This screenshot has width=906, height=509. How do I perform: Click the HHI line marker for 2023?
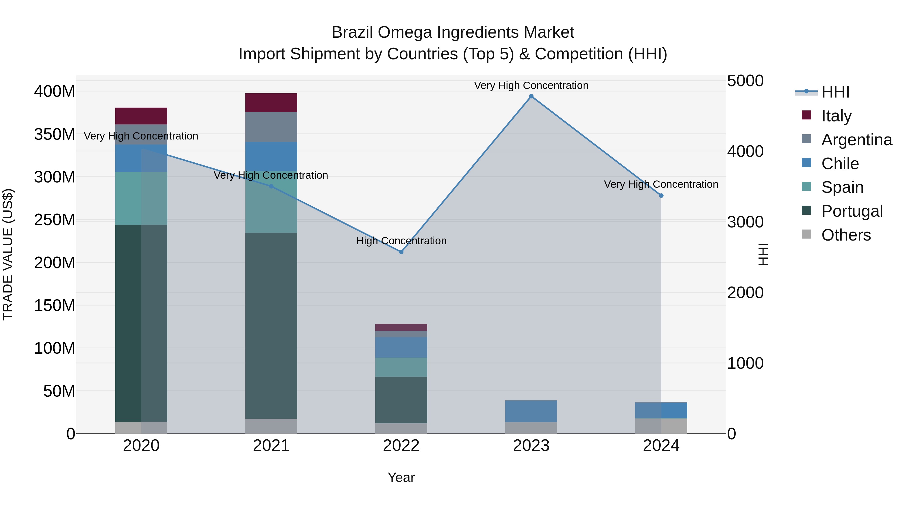[x=531, y=96]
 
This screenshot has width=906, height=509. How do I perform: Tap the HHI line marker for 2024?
[x=661, y=196]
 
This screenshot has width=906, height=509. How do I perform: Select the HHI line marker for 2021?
[x=271, y=187]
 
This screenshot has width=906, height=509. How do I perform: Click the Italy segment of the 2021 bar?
[x=271, y=103]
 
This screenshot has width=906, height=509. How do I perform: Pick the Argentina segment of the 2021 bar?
[x=271, y=127]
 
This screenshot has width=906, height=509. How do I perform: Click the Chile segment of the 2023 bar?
[x=531, y=411]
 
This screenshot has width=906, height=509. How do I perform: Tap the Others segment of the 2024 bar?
[x=661, y=426]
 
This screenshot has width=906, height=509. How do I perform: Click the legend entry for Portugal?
[x=852, y=211]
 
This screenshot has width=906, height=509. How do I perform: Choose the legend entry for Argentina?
[x=856, y=140]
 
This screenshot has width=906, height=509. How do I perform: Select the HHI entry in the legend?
[x=835, y=92]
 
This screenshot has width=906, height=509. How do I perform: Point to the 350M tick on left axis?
[x=55, y=134]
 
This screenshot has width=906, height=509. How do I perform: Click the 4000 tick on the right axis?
[x=745, y=151]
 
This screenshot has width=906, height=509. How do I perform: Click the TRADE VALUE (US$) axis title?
[x=8, y=254]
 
